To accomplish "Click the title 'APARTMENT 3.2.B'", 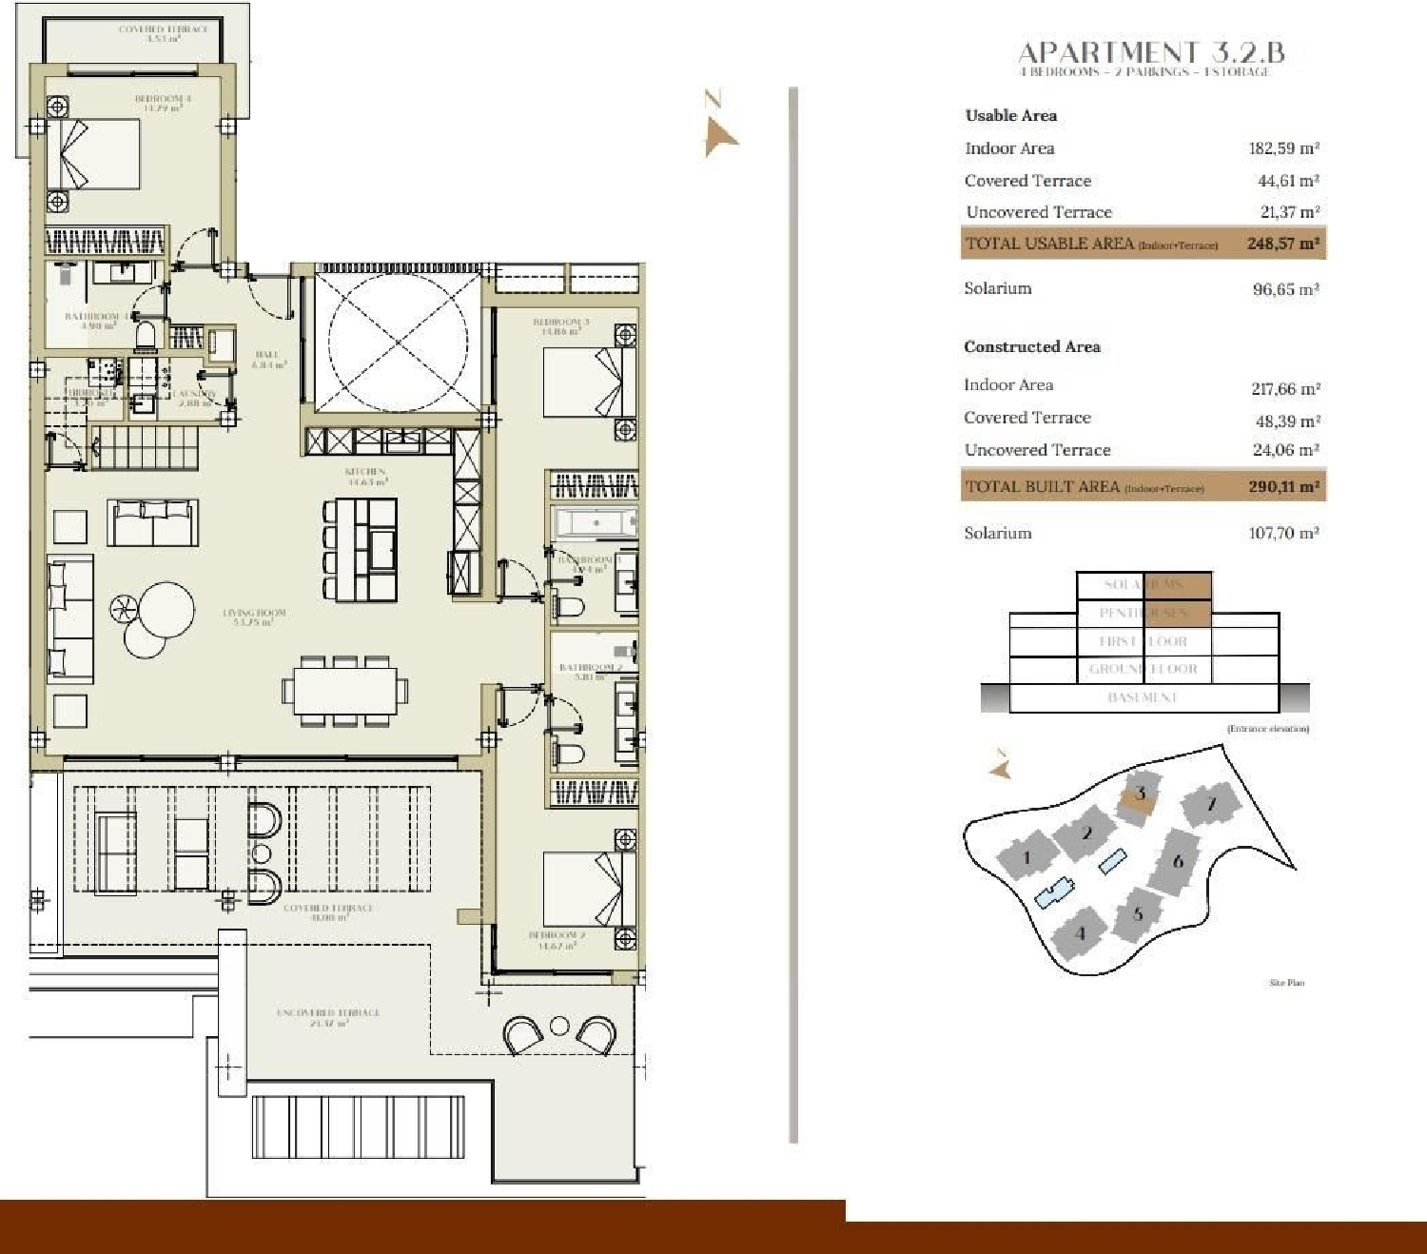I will [1151, 52].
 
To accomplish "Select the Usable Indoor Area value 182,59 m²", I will [1283, 148].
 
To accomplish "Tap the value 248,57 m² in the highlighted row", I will [1282, 244].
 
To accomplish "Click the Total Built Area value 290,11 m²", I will [1283, 486].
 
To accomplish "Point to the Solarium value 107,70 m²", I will [1283, 534].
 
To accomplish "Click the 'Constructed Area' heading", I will [1031, 347].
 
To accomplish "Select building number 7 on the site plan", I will [1210, 805].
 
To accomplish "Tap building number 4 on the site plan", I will [1079, 933].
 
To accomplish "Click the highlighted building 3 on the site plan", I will [1139, 796].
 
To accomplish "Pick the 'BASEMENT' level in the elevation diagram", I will [1143, 697].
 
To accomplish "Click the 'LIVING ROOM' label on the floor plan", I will [254, 617].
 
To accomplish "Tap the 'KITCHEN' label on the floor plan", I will [365, 476].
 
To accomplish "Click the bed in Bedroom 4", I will [93, 154].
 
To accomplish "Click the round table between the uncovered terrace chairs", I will [559, 1027].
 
